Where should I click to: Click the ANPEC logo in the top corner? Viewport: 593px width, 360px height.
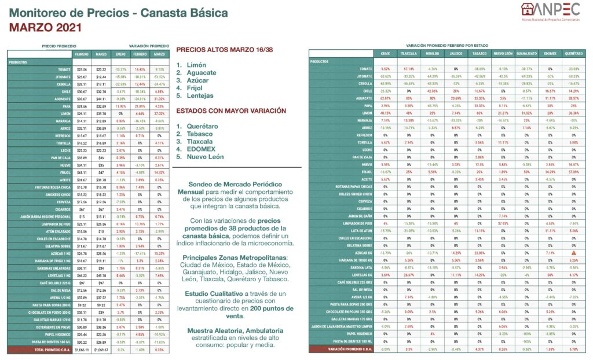(551, 11)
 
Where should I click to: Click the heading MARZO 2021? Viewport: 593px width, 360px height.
(45, 27)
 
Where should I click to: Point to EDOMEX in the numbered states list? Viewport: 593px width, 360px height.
(200, 149)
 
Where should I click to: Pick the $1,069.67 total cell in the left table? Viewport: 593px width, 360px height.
(101, 350)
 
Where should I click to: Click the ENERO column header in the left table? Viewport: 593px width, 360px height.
(120, 54)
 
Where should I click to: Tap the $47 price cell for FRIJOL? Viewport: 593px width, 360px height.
(101, 172)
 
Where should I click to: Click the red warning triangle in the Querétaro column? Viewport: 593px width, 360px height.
(573, 253)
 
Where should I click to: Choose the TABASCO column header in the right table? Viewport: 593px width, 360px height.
(479, 53)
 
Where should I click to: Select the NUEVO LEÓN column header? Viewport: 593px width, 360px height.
(502, 53)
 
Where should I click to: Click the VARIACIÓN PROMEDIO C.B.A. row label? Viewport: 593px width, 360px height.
(347, 349)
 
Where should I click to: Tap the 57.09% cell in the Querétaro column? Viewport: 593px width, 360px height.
(573, 172)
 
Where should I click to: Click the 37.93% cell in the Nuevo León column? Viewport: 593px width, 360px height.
(502, 223)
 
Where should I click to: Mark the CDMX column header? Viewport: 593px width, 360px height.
(385, 53)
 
